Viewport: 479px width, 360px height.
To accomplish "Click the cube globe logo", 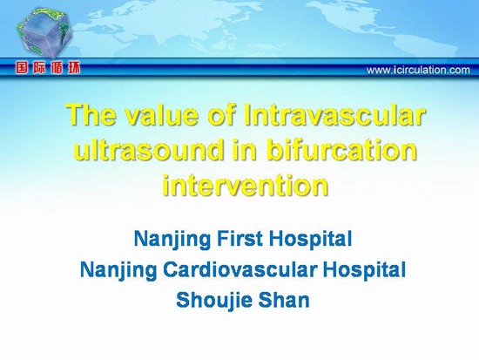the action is pyautogui.click(x=44, y=34).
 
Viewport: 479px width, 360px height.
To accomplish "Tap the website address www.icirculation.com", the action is pyautogui.click(x=418, y=70).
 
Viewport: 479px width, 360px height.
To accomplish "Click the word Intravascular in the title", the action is pyautogui.click(x=334, y=115).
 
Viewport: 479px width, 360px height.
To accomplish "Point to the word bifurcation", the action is pyautogui.click(x=341, y=150).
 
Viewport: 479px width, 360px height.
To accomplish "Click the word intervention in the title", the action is pyautogui.click(x=246, y=185).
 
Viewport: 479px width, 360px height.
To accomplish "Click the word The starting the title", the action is pyautogui.click(x=92, y=115).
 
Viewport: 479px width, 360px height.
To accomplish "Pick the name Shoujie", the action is pyautogui.click(x=214, y=300).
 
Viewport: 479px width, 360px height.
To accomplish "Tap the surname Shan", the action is pyautogui.click(x=284, y=300).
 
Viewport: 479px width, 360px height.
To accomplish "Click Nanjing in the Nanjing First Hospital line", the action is pyautogui.click(x=172, y=240).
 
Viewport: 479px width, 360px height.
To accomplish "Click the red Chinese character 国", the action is pyautogui.click(x=22, y=68).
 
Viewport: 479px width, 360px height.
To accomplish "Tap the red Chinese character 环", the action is pyautogui.click(x=74, y=68).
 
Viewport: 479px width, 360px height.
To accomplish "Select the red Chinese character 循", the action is pyautogui.click(x=57, y=68).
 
